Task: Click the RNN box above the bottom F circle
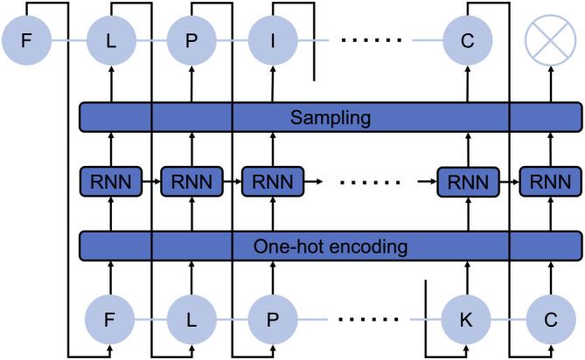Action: click(111, 182)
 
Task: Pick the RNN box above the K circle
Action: click(466, 182)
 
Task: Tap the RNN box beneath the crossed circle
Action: click(549, 182)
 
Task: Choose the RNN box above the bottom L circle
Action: click(192, 182)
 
